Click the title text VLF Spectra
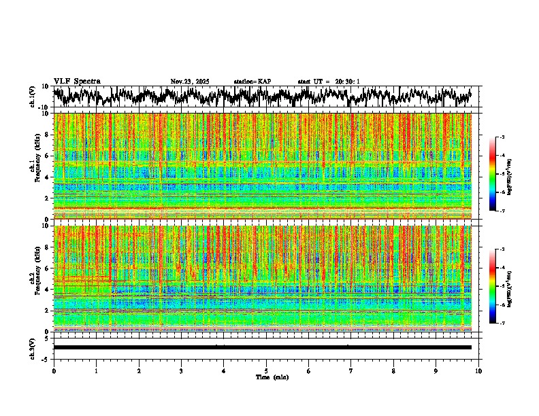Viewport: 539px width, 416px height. coord(77,82)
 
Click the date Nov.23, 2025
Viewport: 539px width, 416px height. coord(190,82)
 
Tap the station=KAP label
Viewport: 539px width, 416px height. coord(252,82)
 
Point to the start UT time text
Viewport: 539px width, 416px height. coord(329,82)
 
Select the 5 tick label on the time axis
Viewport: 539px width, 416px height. coord(266,370)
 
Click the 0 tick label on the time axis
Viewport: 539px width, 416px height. coord(54,370)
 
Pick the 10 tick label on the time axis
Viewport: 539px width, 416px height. coord(479,370)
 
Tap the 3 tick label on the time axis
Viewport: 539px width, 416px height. coord(181,370)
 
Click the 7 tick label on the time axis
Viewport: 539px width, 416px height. coord(351,370)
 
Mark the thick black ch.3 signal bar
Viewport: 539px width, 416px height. coord(262,347)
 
